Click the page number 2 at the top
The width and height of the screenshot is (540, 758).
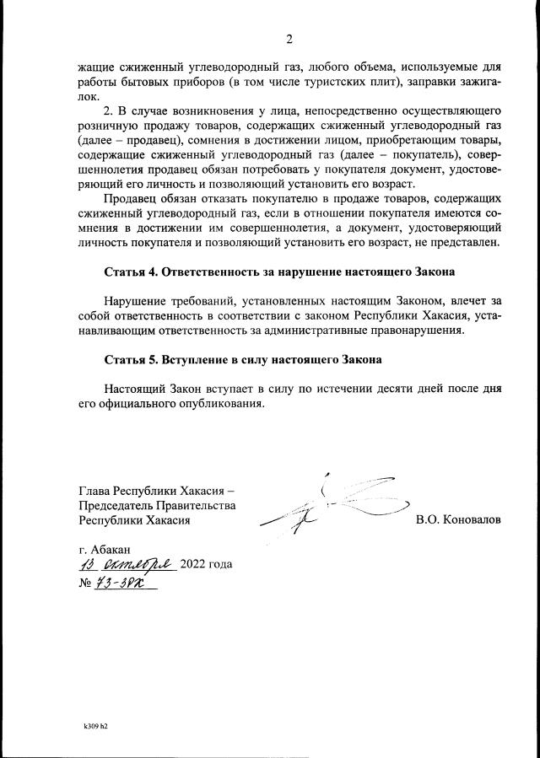[289, 39]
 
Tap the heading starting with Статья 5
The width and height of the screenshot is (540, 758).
[243, 360]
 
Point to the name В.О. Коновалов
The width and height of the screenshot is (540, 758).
[458, 520]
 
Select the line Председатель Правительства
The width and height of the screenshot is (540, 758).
[156, 505]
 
